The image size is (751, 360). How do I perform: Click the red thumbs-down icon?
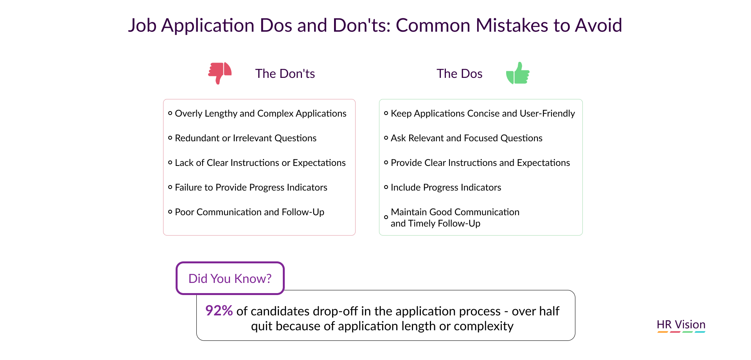(x=220, y=73)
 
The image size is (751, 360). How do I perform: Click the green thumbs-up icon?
(x=517, y=73)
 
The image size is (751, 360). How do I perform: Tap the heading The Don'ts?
(x=285, y=74)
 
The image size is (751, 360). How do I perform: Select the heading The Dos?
(x=459, y=74)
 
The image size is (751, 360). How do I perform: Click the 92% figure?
(x=219, y=311)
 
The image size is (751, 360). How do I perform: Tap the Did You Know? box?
(x=230, y=278)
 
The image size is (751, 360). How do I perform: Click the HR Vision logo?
(x=681, y=326)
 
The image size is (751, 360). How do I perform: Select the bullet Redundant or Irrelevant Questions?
(x=246, y=138)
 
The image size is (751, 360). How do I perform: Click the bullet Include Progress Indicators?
(x=446, y=187)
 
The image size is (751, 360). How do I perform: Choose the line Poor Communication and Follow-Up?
(x=250, y=212)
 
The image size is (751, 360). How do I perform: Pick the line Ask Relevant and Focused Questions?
(x=467, y=138)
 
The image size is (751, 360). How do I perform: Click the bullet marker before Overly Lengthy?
(x=170, y=113)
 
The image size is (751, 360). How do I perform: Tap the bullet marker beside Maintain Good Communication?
(x=386, y=217)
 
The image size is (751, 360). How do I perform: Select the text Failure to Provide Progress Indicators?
(x=251, y=187)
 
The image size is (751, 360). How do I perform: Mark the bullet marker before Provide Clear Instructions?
(x=386, y=162)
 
